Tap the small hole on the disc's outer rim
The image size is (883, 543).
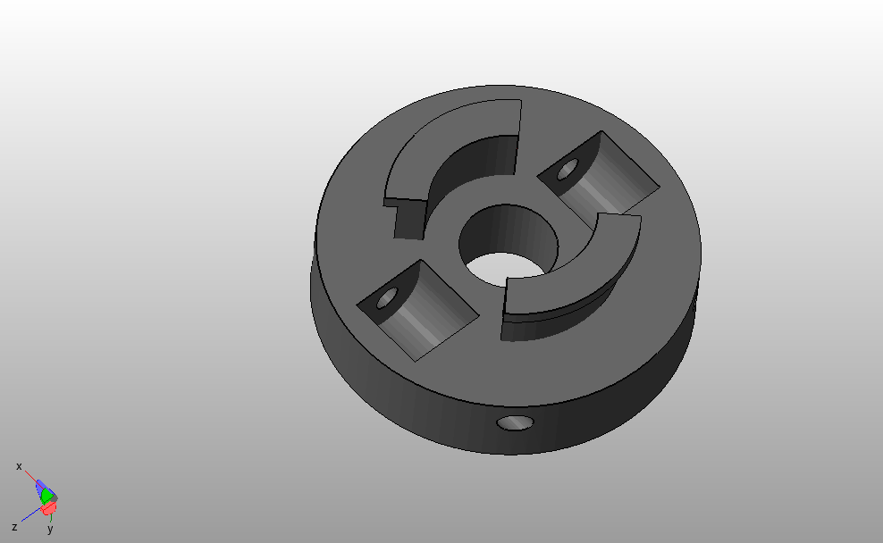point(516,423)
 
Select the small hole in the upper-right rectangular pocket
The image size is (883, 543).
point(568,170)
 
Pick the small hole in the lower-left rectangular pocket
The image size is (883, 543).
point(387,297)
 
